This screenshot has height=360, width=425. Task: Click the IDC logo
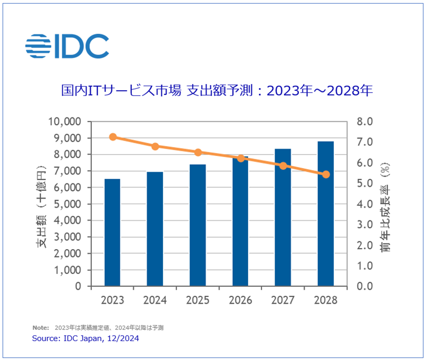point(67,46)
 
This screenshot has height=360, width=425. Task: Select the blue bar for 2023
point(112,232)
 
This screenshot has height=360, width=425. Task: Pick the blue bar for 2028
point(326,214)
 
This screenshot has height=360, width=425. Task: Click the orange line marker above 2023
point(113,137)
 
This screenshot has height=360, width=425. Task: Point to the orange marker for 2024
point(155,146)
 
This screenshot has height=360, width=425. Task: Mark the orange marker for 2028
point(326,174)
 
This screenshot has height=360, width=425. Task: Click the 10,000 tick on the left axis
point(66,122)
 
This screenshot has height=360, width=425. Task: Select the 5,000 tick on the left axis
point(69,204)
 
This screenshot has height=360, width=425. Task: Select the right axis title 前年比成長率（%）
point(385,204)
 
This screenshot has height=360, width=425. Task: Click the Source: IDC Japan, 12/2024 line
point(85,338)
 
